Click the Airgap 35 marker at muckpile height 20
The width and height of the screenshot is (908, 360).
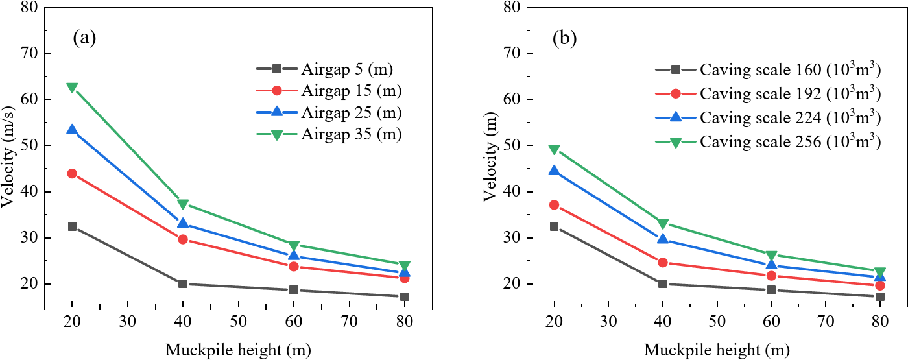[x=72, y=88]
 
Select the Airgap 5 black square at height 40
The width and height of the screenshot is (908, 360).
[x=183, y=283]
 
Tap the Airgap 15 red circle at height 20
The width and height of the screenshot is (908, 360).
[x=72, y=173]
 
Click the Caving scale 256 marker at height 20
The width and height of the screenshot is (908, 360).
[x=554, y=150]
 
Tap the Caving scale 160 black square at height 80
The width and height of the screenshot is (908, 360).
[x=880, y=296]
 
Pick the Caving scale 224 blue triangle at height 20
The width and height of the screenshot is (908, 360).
[x=554, y=171]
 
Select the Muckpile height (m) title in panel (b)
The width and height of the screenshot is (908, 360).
[x=717, y=351]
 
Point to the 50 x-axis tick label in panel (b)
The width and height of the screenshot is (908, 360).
[x=717, y=320]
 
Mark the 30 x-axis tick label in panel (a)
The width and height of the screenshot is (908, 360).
[x=127, y=320]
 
